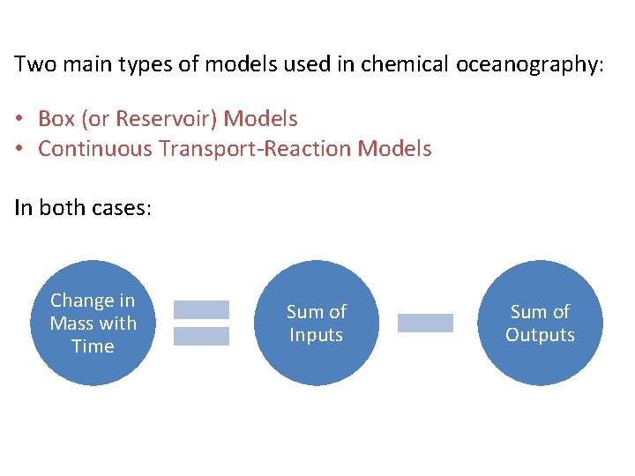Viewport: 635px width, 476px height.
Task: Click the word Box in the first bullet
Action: [x=56, y=119]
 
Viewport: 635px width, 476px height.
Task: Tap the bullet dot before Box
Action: [x=19, y=119]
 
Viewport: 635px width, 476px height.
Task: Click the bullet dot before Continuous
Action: [x=19, y=149]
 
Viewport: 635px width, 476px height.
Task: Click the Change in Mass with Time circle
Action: [x=93, y=323]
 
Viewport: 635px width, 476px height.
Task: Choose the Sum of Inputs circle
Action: [x=317, y=323]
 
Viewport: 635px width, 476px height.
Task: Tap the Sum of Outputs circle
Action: [x=540, y=323]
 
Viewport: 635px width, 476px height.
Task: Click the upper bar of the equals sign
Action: [x=201, y=309]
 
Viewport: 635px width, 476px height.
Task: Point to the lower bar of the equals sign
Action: [x=201, y=336]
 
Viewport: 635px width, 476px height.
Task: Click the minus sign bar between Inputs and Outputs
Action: [x=425, y=323]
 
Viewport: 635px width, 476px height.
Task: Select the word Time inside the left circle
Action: [x=93, y=346]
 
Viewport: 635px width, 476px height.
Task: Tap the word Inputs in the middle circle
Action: [x=317, y=335]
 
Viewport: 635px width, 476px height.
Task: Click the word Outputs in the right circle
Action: [x=540, y=335]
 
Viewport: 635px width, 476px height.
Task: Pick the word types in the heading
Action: [x=143, y=65]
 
